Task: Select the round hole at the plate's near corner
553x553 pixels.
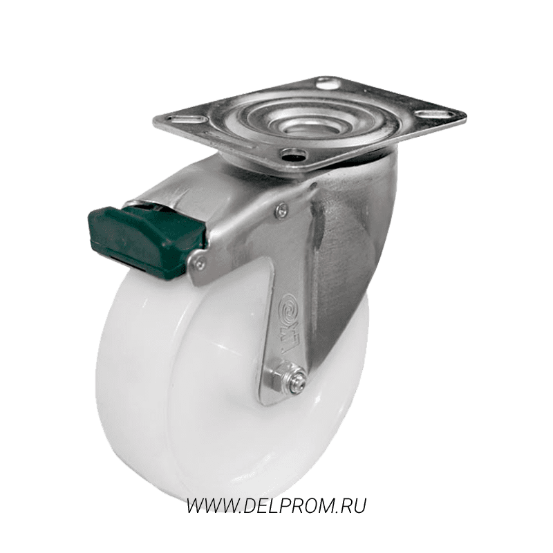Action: [290, 154]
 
